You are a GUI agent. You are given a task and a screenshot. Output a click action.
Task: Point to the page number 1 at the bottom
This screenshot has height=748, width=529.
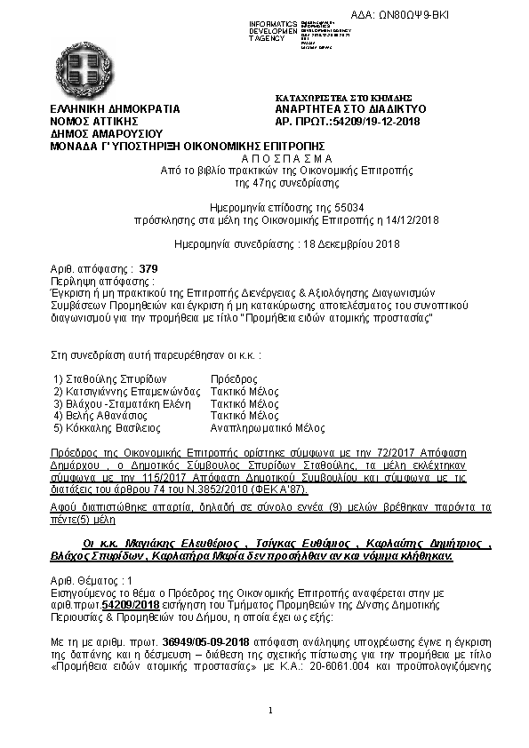270,711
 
